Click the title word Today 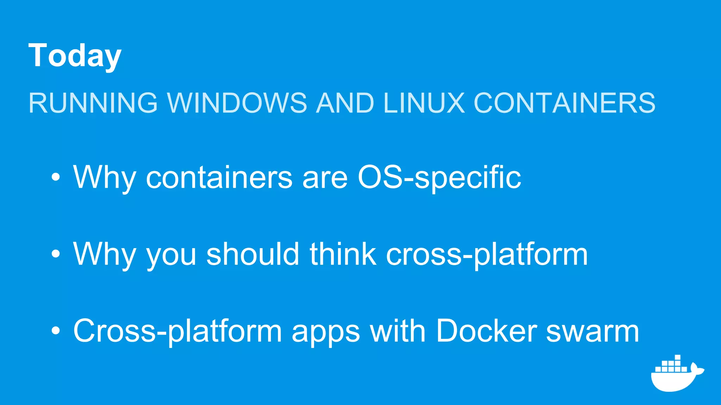point(75,56)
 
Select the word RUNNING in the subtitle point(93,103)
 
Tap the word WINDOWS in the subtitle point(237,103)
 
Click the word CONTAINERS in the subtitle point(564,103)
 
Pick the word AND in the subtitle point(345,103)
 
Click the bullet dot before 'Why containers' point(56,177)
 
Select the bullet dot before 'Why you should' point(56,254)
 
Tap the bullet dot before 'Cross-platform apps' point(56,330)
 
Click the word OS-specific point(439,178)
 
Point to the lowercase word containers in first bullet point(219,178)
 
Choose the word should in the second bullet point(253,254)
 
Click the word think point(343,254)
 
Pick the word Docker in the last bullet point(486,330)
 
